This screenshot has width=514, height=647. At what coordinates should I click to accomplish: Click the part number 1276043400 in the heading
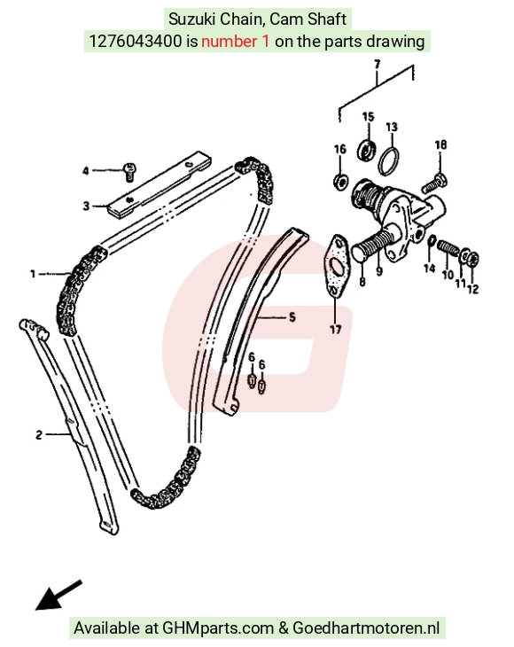pyautogui.click(x=135, y=42)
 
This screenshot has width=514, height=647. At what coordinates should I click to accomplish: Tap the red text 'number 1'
pyautogui.click(x=236, y=42)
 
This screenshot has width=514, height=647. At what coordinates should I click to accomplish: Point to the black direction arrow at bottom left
pyautogui.click(x=58, y=595)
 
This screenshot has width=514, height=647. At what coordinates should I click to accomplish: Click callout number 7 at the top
pyautogui.click(x=377, y=65)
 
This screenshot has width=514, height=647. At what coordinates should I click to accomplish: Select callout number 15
pyautogui.click(x=368, y=117)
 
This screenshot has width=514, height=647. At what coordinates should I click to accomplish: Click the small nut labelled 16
pyautogui.click(x=340, y=181)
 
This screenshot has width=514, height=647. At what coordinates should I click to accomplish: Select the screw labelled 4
pyautogui.click(x=129, y=172)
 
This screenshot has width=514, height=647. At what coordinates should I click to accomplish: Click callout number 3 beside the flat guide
pyautogui.click(x=86, y=206)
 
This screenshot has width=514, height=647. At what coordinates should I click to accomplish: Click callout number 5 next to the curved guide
pyautogui.click(x=292, y=317)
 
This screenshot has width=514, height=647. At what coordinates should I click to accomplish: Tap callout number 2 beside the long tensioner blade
pyautogui.click(x=39, y=434)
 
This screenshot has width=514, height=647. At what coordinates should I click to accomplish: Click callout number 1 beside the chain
pyautogui.click(x=33, y=274)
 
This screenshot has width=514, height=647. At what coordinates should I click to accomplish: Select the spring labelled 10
pyautogui.click(x=447, y=248)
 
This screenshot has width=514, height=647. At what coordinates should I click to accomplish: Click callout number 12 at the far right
pyautogui.click(x=473, y=289)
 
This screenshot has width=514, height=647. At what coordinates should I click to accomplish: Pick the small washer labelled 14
pyautogui.click(x=432, y=240)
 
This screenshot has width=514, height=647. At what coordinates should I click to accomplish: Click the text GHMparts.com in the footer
pyautogui.click(x=218, y=628)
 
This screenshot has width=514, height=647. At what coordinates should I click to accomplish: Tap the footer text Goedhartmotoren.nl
pyautogui.click(x=366, y=628)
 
